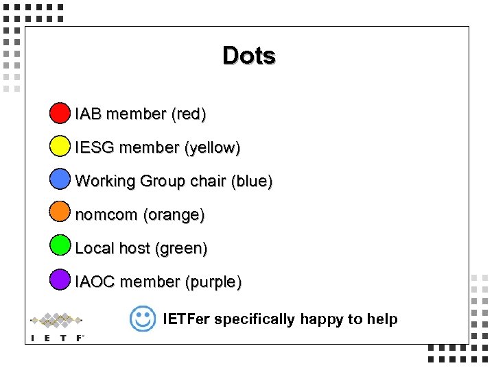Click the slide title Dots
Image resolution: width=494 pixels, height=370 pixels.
point(249,56)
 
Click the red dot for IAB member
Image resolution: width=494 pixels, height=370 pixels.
point(60,112)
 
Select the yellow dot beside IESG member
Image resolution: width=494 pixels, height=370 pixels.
point(60,146)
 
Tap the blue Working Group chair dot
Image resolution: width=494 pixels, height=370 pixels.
point(60,179)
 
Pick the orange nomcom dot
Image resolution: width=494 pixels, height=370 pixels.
point(60,212)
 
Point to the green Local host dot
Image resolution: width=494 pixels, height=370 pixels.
point(60,245)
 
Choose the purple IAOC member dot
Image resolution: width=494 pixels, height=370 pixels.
point(60,279)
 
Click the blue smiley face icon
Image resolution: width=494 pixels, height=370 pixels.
point(143,318)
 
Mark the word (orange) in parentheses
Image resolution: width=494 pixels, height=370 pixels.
point(174,215)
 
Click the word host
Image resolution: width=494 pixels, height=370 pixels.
point(135,248)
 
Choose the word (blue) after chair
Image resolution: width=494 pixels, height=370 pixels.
point(252,182)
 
